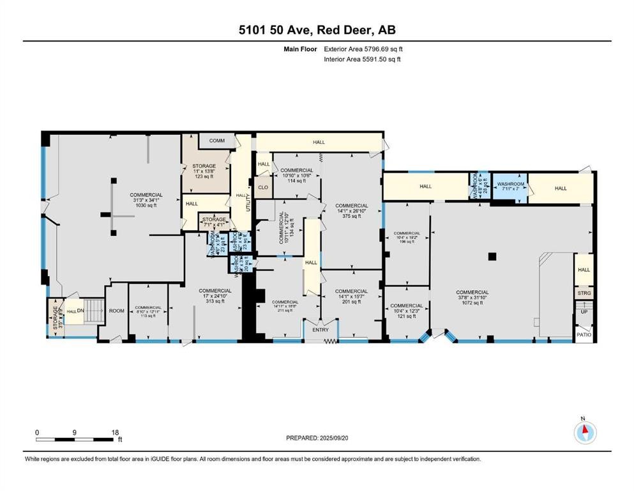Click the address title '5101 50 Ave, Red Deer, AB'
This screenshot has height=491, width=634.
317,30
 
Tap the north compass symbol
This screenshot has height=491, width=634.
584,432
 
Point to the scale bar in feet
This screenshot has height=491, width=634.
77,439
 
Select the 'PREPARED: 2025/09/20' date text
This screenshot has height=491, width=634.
317,438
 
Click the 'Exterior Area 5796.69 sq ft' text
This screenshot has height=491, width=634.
363,49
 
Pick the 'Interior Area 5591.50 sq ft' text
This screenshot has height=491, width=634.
363,59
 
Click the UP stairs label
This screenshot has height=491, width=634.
584,312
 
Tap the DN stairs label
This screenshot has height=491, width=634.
81,311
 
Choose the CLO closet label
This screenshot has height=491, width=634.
263,188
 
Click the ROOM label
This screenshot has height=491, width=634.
116,311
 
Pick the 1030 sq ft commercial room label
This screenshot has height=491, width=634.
146,199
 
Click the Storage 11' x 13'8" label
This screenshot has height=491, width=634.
205,171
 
